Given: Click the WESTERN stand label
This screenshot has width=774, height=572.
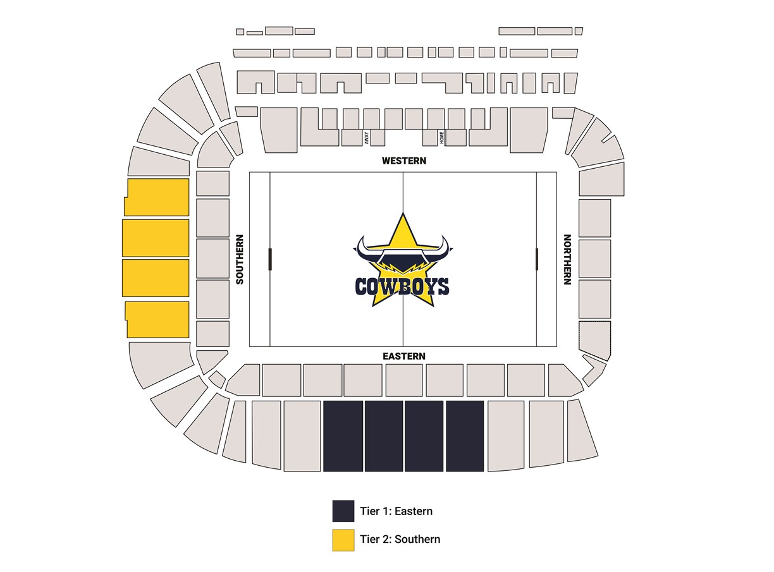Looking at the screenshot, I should point(403,161).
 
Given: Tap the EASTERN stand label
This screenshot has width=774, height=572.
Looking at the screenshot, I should point(403,356).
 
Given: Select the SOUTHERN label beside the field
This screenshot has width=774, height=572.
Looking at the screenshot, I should point(240,259).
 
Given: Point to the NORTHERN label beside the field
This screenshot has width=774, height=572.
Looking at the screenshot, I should point(567,259).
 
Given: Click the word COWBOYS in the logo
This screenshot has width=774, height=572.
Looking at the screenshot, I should point(402,287).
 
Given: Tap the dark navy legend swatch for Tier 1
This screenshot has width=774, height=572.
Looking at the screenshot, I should point(343,511).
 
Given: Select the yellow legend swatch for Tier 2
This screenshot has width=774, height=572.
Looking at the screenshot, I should point(343,540).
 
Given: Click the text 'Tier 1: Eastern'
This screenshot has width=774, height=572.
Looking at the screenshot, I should point(396,511).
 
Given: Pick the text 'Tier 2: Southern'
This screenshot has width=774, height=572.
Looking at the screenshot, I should point(400,539).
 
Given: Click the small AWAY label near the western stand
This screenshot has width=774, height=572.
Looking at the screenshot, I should point(367,138).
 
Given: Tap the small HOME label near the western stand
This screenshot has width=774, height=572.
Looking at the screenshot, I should point(442,137).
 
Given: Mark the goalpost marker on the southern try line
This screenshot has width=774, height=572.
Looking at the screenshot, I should point(270,259).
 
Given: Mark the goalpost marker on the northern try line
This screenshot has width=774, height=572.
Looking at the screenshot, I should point(536,259).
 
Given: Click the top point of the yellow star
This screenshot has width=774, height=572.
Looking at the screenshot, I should point(402,214).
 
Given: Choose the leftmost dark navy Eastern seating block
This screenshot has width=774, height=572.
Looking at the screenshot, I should point(343,436).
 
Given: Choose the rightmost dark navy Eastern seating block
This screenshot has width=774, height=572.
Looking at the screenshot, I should point(465,436).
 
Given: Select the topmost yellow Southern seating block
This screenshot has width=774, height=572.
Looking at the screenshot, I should point(157,197).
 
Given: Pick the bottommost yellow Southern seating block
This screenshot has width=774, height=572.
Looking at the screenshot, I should point(157,319).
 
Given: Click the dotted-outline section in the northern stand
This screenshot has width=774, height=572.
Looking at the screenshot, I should point(595,339).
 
